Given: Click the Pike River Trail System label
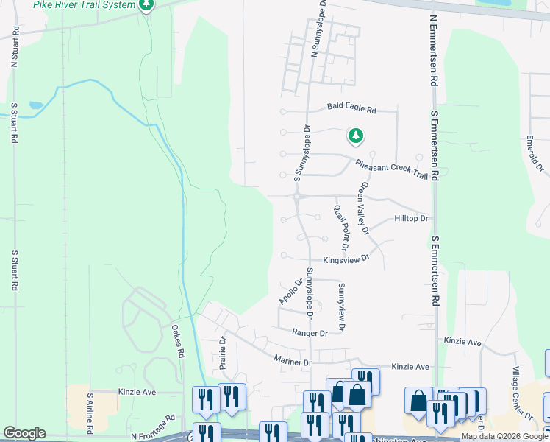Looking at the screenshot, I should [84, 5].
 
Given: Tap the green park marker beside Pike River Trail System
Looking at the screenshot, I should [146, 6].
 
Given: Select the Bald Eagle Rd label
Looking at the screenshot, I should [351, 108].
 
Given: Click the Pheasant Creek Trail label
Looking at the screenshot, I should [391, 169].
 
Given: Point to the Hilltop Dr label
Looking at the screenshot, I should [411, 219].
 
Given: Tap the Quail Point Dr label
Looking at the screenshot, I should [340, 225].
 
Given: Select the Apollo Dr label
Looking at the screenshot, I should [291, 292].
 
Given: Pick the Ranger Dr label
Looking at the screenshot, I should [309, 333].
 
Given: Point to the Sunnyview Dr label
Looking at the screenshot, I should [341, 306].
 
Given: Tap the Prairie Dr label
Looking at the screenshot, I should [222, 352].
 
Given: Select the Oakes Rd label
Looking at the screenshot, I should [177, 342].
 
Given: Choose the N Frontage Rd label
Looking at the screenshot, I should [153, 438].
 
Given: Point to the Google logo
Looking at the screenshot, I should [24, 433].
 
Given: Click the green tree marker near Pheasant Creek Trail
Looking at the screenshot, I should [356, 136].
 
